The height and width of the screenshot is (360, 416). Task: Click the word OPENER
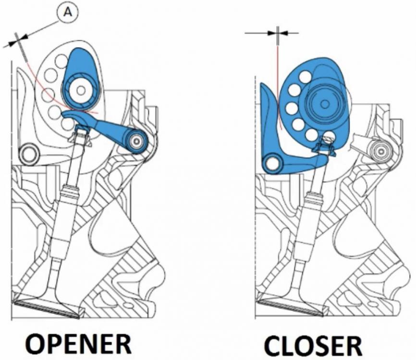[x=79, y=344]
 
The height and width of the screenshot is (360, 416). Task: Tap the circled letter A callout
[x=68, y=12]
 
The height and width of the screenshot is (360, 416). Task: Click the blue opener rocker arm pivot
[x=136, y=141]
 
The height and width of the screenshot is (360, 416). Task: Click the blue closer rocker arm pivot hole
[x=272, y=164]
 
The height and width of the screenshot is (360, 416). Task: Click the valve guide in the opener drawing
[x=64, y=212]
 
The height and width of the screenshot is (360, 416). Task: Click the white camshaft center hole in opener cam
[x=81, y=90]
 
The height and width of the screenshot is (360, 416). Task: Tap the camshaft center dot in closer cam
[x=324, y=104]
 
